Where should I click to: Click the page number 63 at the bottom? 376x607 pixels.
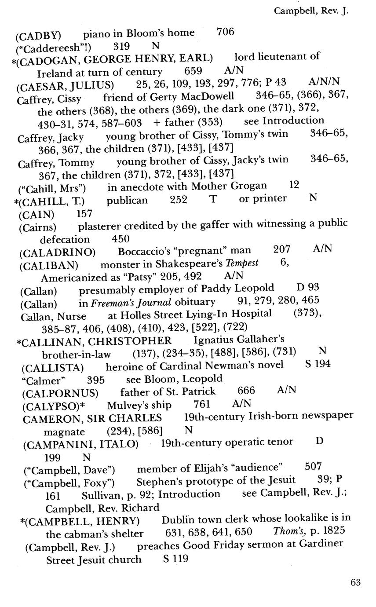click(355, 582)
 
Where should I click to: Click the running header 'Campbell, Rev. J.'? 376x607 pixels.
click(311, 11)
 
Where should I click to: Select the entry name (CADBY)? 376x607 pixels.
click(38, 34)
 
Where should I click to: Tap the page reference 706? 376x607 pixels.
click(226, 32)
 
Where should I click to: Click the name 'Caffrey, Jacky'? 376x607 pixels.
click(51, 138)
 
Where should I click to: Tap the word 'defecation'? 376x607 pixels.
click(65, 239)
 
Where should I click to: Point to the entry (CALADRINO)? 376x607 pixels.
click(58, 252)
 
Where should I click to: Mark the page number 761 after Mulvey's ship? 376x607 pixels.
click(202, 404)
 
